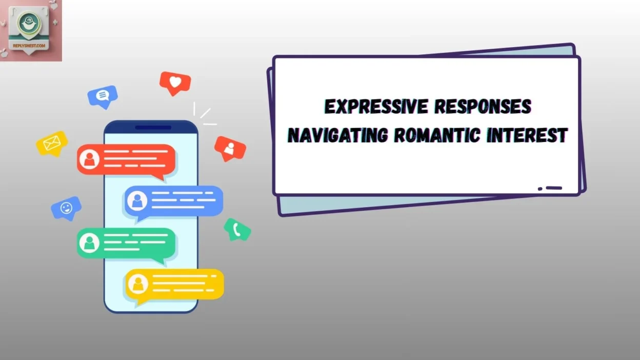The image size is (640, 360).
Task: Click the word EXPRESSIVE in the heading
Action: pos(375,107)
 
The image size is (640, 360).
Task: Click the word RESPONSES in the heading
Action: pos(483,107)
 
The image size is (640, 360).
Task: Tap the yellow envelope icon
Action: pos(52,143)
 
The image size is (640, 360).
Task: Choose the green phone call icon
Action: pos(237,229)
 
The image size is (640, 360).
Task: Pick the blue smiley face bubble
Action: pos(66,208)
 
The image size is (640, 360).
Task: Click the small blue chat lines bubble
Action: pos(103,95)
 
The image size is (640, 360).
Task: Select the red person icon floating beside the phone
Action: pos(230,148)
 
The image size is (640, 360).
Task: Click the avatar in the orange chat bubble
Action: pos(90,159)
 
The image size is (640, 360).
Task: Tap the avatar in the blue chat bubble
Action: pos(137,201)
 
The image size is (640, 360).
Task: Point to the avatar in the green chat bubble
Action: pos(90,243)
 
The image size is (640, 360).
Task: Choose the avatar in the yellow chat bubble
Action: pos(137,284)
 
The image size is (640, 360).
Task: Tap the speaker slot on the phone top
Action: pos(153,127)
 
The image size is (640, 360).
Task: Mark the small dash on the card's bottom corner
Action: pos(553,188)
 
